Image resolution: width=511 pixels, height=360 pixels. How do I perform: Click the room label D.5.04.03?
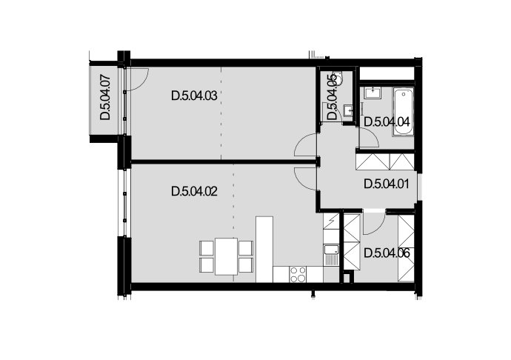(194, 96)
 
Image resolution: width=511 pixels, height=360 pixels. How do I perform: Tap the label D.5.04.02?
(194, 191)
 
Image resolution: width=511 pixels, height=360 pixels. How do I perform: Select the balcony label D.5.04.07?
(105, 98)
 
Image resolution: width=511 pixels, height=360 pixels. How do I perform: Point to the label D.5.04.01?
(387, 184)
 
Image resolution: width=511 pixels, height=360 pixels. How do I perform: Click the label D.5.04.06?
(387, 253)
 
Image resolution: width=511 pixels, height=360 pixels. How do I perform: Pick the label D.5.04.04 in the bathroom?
(387, 122)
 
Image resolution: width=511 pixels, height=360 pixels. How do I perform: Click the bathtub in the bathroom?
(404, 112)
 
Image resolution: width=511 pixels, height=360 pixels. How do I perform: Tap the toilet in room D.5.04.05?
(339, 79)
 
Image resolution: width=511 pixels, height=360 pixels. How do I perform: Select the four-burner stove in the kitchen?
(298, 274)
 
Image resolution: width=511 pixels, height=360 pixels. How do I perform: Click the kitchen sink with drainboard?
(331, 255)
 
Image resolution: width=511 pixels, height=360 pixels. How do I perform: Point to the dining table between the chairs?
(226, 256)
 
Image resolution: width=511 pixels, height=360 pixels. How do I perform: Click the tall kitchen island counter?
(264, 249)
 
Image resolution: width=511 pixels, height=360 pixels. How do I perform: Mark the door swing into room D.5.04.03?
(305, 145)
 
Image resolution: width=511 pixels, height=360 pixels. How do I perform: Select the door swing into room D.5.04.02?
(305, 179)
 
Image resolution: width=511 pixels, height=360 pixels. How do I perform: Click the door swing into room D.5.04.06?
(374, 224)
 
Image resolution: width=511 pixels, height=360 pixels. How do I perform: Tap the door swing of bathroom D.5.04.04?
(369, 139)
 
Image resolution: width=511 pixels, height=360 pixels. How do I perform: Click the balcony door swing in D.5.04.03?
(137, 79)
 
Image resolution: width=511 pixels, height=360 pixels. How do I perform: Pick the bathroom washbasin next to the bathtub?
(373, 93)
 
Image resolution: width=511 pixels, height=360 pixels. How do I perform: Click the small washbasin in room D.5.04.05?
(349, 111)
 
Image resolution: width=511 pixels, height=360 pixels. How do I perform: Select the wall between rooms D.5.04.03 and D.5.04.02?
(224, 161)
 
